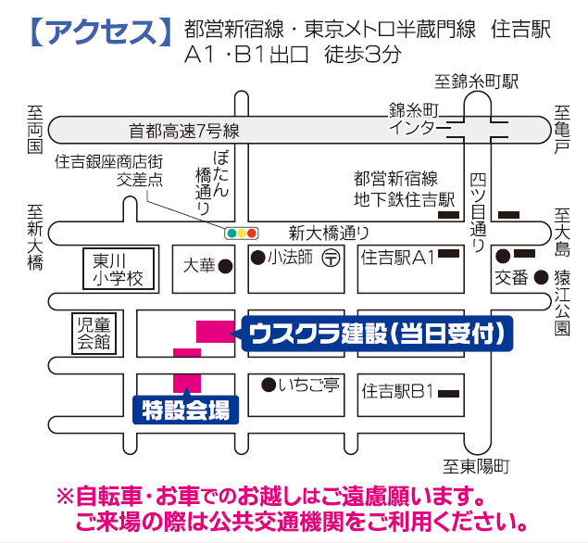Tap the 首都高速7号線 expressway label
pyautogui.click(x=185, y=131)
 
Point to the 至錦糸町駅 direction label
pyautogui.click(x=478, y=82)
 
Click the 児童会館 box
pyautogui.click(x=93, y=332)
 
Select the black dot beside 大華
pyautogui.click(x=224, y=266)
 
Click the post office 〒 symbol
pyautogui.click(x=330, y=259)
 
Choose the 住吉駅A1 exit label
pyautogui.click(x=398, y=258)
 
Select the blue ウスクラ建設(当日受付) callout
pyautogui.click(x=376, y=334)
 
